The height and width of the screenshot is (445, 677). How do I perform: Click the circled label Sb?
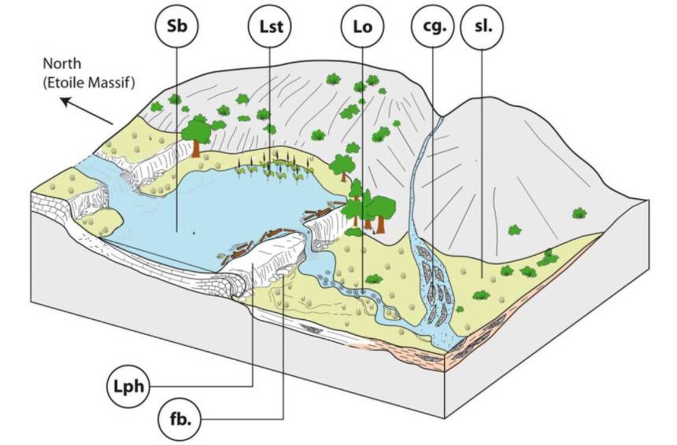click(176, 28)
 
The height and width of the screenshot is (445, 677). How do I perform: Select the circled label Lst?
click(269, 28)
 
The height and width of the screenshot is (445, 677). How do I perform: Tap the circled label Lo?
click(362, 28)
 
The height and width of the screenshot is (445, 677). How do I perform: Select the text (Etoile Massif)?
click(89, 82)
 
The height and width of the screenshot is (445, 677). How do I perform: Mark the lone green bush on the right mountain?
click(578, 213)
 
